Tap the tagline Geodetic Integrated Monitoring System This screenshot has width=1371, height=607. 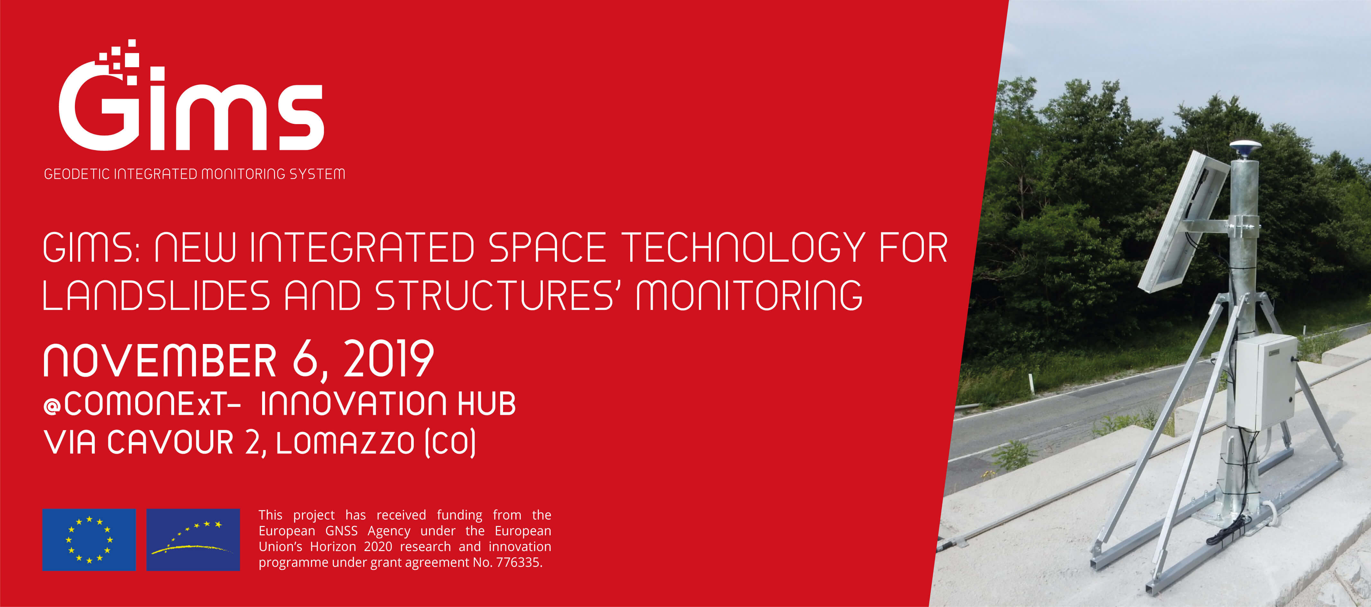(194, 174)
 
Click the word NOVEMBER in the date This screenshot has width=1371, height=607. (160, 360)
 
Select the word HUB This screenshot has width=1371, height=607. (486, 403)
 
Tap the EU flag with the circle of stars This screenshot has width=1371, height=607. (89, 539)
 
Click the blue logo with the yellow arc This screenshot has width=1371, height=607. (193, 539)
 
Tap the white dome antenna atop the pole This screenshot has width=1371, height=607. (1245, 148)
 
